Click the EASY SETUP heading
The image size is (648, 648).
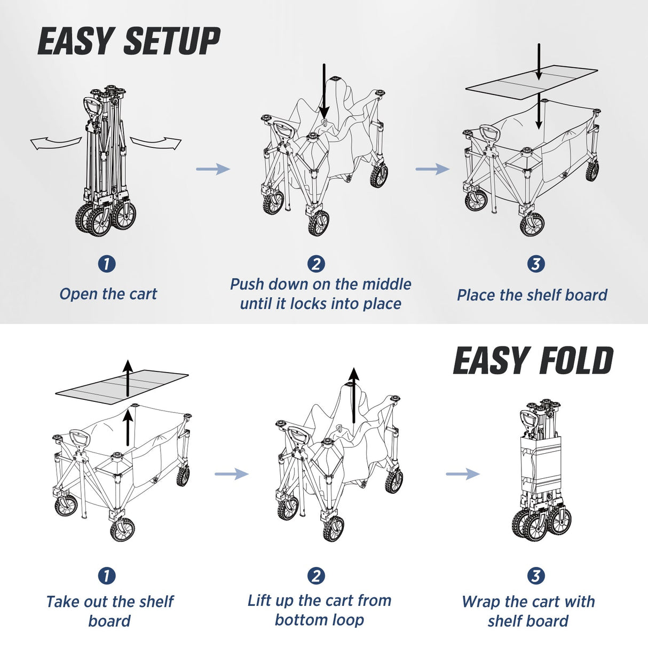point(129,42)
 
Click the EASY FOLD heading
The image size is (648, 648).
point(533,361)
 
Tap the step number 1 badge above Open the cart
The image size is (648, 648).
point(107,264)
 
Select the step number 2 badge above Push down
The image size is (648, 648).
point(316,264)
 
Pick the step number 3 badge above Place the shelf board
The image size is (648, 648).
point(535,264)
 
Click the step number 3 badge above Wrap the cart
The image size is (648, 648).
point(535,575)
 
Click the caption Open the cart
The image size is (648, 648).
point(108,294)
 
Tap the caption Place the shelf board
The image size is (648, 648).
point(532,295)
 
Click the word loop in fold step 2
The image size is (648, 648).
point(347,620)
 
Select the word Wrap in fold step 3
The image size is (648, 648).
point(481,602)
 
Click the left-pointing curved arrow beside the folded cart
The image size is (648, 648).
point(55,143)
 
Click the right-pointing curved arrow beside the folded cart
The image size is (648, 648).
point(156,142)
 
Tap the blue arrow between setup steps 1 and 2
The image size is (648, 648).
point(212,169)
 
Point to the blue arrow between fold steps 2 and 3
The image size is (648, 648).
point(462,473)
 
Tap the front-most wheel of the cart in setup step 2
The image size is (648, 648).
point(319,223)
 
